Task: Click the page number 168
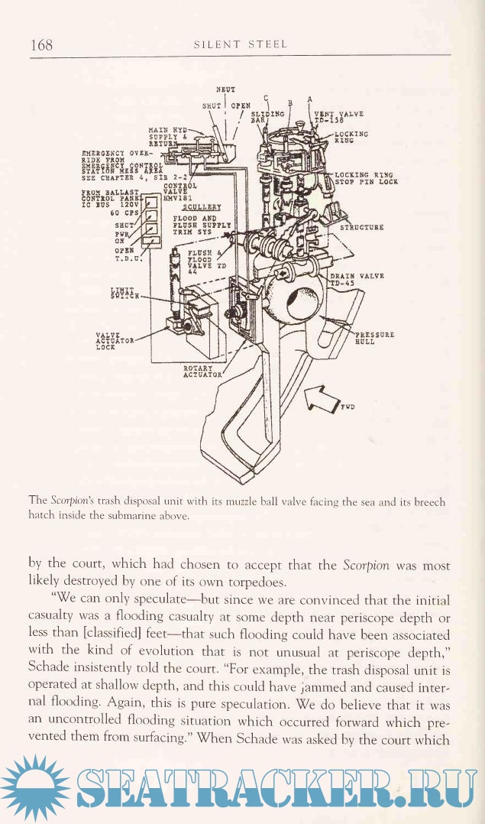pos(41,44)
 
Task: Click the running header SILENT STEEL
pos(241,44)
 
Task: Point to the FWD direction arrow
pos(322,397)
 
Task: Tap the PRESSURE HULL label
pos(374,339)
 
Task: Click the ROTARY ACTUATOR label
pos(202,371)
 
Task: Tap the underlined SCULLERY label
pos(202,206)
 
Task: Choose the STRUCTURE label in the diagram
pos(361,227)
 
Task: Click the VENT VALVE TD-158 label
pos(338,115)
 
